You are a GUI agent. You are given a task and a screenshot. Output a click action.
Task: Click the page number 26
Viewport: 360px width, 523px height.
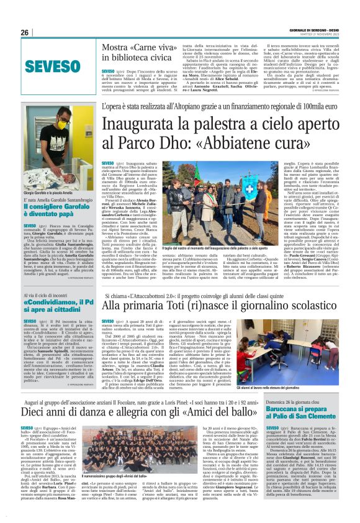(x=24, y=33)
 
